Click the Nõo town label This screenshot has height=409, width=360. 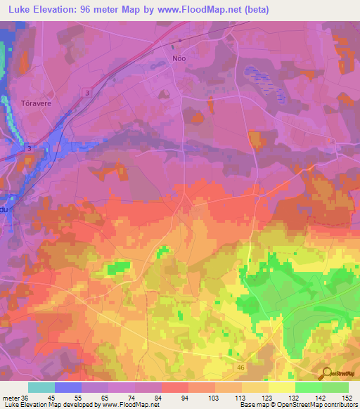point(179,58)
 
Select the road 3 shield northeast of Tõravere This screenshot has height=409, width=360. point(86,93)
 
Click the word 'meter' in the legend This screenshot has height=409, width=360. point(11,398)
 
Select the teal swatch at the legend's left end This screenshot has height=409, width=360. point(41,387)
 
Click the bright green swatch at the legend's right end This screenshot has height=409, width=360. point(335,387)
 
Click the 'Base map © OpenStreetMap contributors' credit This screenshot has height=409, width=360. point(297,405)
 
